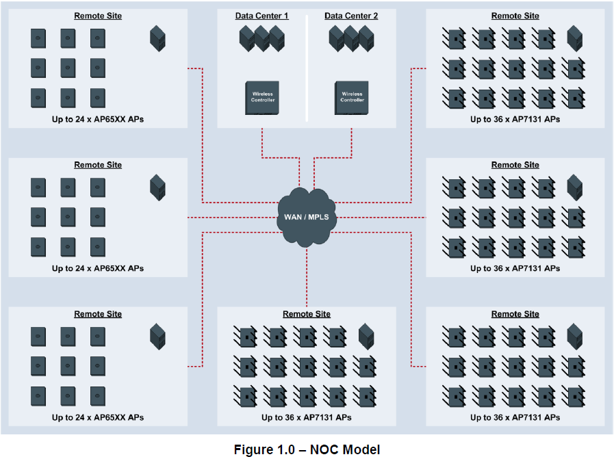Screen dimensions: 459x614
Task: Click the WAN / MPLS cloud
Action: click(x=306, y=218)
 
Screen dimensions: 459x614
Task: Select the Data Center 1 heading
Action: click(x=262, y=16)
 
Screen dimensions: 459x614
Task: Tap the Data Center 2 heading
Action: click(x=350, y=16)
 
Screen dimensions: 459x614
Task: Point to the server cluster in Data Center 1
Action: click(x=262, y=39)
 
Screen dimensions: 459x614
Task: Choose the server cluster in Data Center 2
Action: click(x=352, y=39)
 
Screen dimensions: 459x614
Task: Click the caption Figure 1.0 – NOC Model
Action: click(x=307, y=449)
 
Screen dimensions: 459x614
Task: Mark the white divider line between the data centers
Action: click(x=307, y=68)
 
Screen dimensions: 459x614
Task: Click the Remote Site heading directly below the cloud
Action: click(x=307, y=314)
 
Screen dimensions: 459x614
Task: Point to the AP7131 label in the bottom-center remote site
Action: click(x=307, y=417)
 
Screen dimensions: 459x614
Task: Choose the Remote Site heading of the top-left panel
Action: click(x=98, y=16)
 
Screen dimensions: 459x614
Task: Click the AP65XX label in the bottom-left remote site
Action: click(x=98, y=417)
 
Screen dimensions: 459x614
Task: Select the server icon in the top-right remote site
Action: click(x=575, y=38)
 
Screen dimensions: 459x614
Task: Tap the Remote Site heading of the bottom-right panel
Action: click(x=515, y=314)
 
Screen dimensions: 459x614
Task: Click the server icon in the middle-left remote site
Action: click(x=158, y=187)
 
